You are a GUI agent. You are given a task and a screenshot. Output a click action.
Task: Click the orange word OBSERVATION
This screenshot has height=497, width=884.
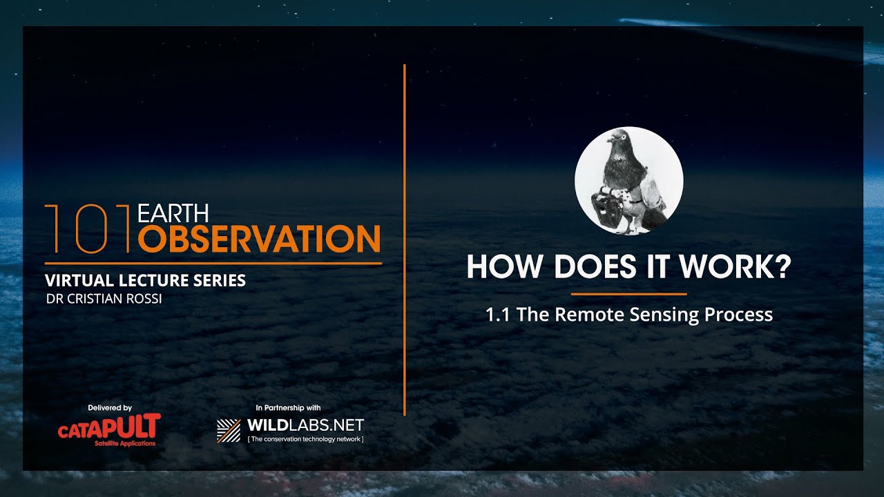point(259,239)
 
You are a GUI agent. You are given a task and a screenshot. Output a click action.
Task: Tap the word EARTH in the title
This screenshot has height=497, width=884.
point(173,214)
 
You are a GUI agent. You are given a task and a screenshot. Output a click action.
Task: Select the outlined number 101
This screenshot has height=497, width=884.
point(88,228)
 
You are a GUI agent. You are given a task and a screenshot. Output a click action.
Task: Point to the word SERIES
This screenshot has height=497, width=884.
point(218,281)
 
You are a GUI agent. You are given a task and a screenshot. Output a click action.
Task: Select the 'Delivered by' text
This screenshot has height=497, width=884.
point(110,408)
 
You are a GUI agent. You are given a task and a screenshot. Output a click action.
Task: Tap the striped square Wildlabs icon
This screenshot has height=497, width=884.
point(229,430)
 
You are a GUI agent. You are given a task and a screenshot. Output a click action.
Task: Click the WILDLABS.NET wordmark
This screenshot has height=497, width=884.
point(305,425)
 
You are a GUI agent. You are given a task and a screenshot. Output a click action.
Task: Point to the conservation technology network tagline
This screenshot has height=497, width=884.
point(305,439)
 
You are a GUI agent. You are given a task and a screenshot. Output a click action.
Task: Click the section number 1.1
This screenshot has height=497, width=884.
point(498,315)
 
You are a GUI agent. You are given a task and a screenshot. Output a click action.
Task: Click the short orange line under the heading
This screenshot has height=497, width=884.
point(628,294)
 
